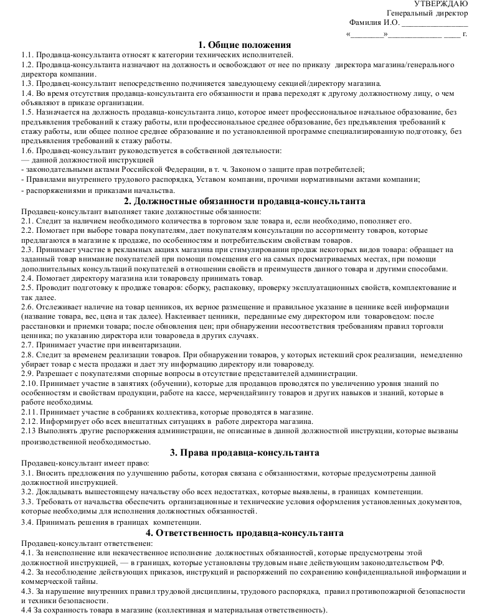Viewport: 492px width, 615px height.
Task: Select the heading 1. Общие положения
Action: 245,44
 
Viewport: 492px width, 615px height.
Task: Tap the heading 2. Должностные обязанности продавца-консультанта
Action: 245,201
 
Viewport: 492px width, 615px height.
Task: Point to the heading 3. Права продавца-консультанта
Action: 245,453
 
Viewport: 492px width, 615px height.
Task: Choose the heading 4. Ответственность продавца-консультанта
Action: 245,533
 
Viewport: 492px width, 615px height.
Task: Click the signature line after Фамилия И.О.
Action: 434,24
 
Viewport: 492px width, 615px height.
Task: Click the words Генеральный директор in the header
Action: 427,13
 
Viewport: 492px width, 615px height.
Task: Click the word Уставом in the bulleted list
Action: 213,179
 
